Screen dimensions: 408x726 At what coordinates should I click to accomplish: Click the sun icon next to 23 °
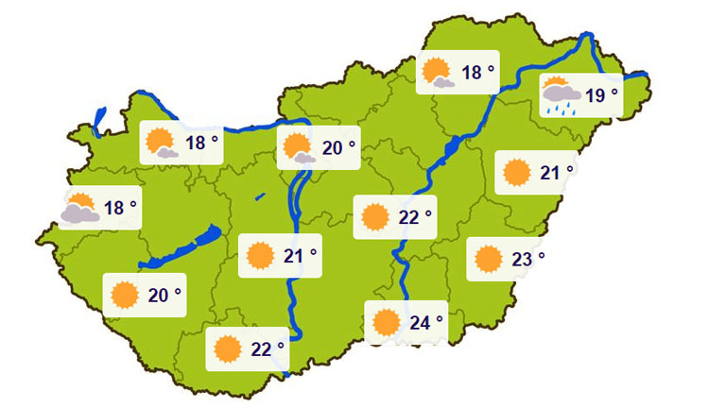(489, 258)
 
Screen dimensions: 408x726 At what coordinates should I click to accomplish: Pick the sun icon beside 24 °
(386, 323)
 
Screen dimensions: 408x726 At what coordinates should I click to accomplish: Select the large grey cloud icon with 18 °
(80, 209)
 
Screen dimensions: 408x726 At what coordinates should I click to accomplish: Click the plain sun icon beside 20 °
(124, 296)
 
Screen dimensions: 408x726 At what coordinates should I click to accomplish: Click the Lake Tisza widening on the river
(450, 147)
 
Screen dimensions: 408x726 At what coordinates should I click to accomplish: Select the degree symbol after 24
(440, 318)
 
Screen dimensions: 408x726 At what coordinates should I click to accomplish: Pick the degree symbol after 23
(542, 253)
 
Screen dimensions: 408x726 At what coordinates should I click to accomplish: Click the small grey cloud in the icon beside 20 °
(305, 158)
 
